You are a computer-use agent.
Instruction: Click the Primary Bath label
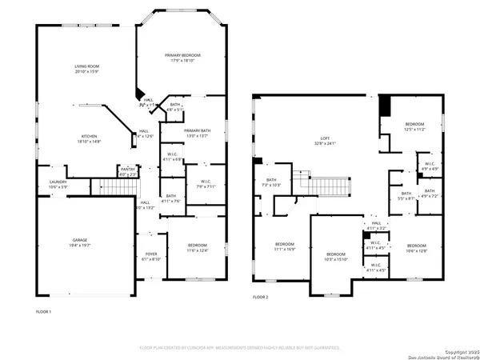(x=196, y=133)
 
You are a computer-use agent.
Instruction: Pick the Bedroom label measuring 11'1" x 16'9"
(x=285, y=246)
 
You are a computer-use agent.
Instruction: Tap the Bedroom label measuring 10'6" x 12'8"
(x=416, y=247)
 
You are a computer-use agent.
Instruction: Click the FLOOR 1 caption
(x=44, y=310)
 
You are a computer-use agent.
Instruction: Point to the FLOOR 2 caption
(x=261, y=297)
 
